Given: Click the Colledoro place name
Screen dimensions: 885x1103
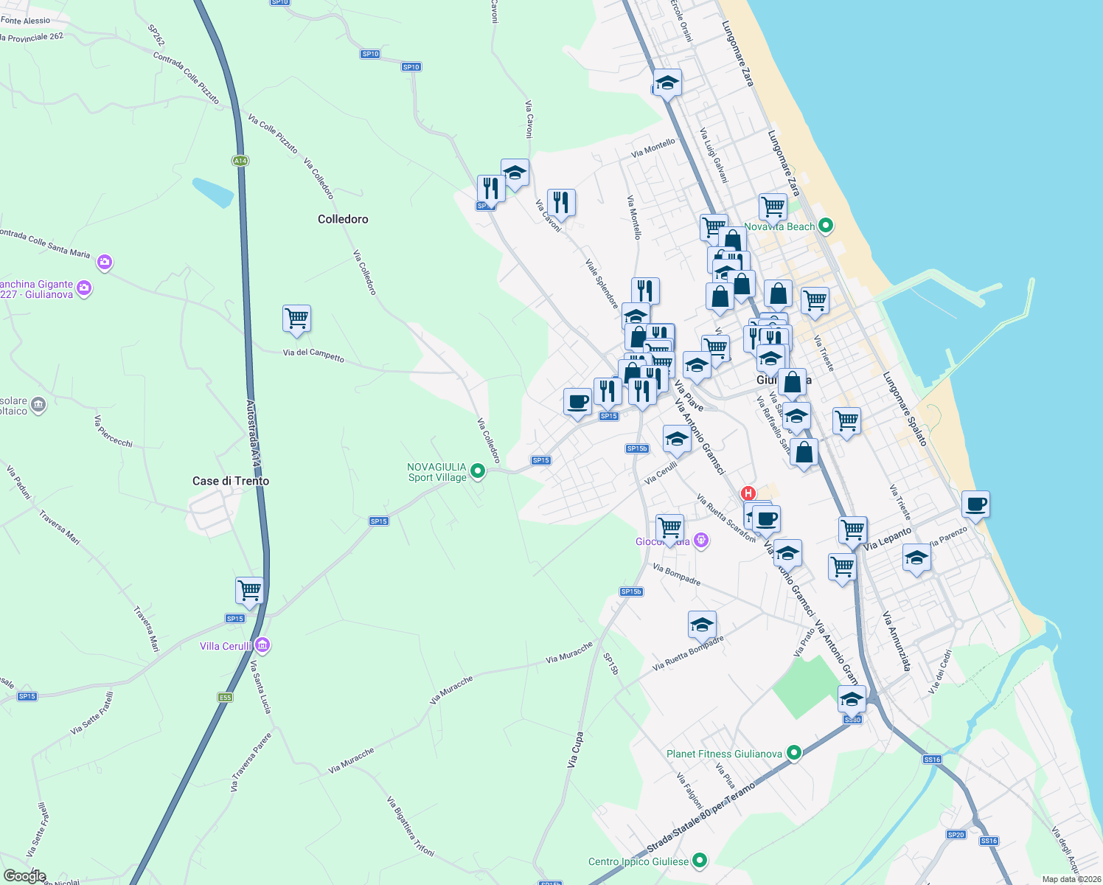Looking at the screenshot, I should [343, 219].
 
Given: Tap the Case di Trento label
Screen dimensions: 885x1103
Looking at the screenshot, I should [231, 481].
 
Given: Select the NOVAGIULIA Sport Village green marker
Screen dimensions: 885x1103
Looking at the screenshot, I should [478, 471].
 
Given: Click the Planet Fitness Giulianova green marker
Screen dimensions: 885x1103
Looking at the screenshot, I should [794, 753].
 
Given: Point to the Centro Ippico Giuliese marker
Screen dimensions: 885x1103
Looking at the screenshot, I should [700, 861].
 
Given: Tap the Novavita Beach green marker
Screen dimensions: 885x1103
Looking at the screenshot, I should [826, 226].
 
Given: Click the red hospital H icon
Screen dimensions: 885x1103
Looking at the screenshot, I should [748, 493].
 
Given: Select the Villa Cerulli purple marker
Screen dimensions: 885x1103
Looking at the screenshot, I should [262, 645].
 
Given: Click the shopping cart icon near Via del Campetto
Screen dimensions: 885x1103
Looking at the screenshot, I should [296, 319].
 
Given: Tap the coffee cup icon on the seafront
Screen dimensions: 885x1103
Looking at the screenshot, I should [975, 504].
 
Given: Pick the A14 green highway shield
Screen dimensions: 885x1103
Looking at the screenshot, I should [240, 160].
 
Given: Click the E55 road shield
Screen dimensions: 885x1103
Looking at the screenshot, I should [225, 697].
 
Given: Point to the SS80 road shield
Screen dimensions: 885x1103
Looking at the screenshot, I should [852, 719].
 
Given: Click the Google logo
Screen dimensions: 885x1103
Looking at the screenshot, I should [24, 875].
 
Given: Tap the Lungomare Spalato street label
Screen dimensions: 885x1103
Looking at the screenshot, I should [905, 409].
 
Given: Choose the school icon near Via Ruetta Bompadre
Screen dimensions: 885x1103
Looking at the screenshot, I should [702, 625].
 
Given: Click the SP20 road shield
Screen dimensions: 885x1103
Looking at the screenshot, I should [956, 834].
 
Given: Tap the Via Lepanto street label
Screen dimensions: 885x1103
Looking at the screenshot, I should [888, 538].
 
